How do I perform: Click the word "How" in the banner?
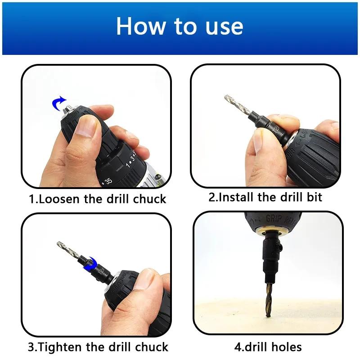[140, 26]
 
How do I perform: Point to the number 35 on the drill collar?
[108, 181]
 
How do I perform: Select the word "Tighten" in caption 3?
[60, 347]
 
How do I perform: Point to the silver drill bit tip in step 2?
[226, 97]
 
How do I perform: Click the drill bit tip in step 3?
[59, 244]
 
